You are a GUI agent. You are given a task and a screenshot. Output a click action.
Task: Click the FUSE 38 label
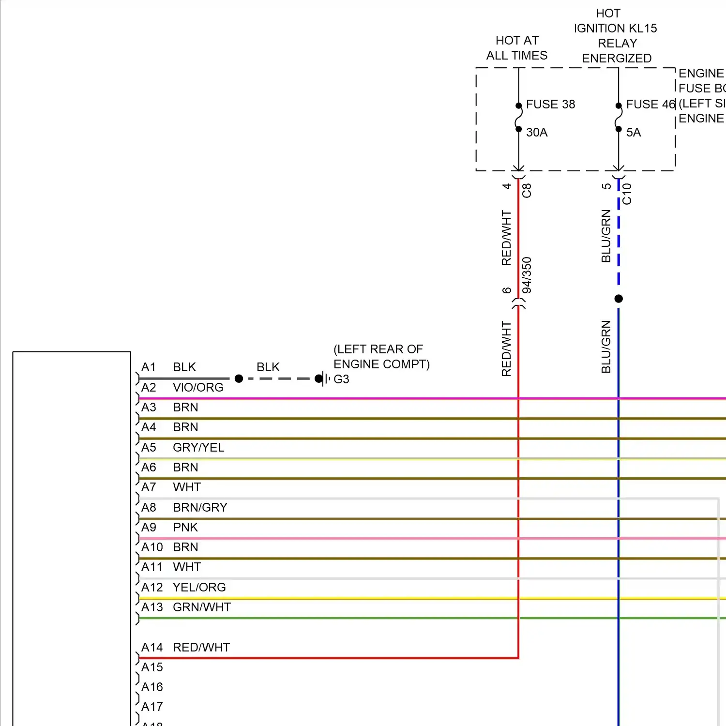click(x=550, y=104)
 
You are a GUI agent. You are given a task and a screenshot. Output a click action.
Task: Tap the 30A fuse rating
click(x=537, y=132)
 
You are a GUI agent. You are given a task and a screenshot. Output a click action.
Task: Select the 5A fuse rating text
click(x=633, y=132)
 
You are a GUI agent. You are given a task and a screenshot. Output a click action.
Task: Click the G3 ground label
click(x=341, y=379)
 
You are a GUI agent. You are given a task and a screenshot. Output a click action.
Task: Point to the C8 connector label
click(x=527, y=190)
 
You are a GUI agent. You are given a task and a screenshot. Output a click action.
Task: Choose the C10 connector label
click(x=627, y=194)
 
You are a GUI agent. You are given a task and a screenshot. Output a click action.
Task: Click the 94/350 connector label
click(x=527, y=275)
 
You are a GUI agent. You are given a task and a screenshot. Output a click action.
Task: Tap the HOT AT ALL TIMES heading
click(x=517, y=48)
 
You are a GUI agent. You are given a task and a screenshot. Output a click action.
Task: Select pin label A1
click(x=149, y=367)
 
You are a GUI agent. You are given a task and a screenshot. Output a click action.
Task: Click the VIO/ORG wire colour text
click(x=198, y=388)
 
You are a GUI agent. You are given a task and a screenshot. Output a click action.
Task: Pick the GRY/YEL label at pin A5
click(x=198, y=448)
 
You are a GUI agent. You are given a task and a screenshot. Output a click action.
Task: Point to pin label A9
click(x=149, y=528)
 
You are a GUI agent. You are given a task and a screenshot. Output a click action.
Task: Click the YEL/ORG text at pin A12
click(x=199, y=588)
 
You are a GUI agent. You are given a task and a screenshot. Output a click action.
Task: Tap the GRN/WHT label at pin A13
click(x=201, y=607)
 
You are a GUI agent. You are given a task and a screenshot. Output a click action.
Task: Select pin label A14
click(x=151, y=648)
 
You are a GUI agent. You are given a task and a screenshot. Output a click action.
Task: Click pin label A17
click(x=151, y=707)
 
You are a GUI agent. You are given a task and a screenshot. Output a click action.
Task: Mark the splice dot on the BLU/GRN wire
click(x=619, y=299)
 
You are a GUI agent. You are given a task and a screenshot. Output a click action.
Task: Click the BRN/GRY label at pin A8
click(x=200, y=508)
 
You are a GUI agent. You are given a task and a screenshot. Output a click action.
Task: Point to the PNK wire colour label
click(x=185, y=528)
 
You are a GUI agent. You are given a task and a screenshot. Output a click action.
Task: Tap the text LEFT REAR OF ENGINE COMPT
click(x=381, y=357)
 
